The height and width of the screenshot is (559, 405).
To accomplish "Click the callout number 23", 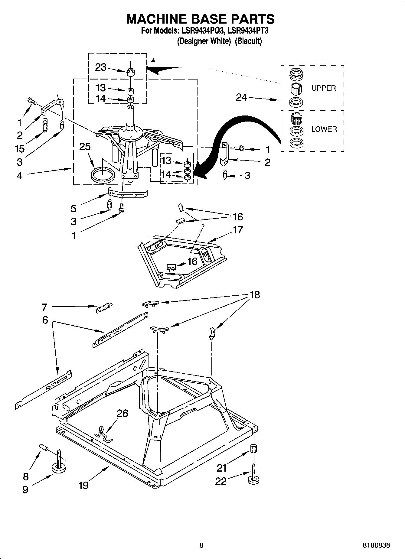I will click(100, 67).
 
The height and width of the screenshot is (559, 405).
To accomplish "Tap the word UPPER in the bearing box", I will click(324, 88).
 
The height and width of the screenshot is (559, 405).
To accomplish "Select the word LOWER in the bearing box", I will click(324, 129).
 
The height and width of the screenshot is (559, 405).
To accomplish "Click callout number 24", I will click(241, 97).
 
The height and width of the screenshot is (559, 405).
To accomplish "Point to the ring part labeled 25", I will click(103, 175).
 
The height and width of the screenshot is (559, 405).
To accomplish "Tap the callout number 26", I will click(122, 413).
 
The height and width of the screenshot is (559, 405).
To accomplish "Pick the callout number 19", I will click(83, 485).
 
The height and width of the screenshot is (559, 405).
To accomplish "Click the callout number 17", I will click(238, 230).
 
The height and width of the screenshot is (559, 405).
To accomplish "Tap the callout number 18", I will click(255, 294).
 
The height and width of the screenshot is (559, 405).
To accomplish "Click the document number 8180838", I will click(376, 546).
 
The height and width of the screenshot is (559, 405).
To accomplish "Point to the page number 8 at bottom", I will click(201, 546).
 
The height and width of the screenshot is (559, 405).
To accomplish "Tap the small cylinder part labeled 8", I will click(44, 447).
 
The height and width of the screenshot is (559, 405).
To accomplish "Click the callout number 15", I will click(20, 148).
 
